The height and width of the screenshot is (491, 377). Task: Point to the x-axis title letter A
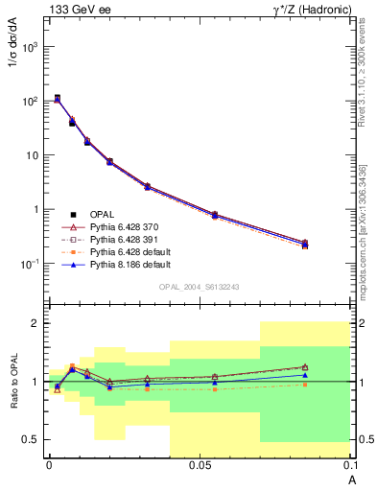[x=352, y=479]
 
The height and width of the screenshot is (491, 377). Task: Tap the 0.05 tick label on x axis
[x=199, y=465]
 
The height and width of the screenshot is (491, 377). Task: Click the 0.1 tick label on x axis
[x=349, y=465]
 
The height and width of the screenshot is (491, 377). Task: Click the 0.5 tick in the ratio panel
[x=32, y=439]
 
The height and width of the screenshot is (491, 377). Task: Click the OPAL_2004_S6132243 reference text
[x=200, y=287]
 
